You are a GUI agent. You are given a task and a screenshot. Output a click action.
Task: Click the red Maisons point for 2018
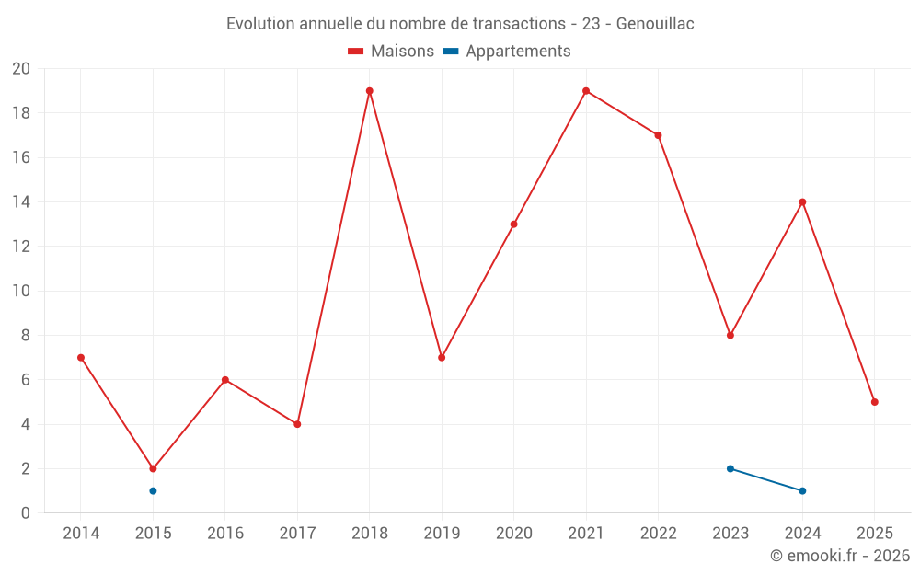[x=369, y=91]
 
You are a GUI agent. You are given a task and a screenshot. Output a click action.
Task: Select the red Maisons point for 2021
[x=586, y=91]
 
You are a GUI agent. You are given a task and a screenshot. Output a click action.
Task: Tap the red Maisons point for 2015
[x=153, y=468]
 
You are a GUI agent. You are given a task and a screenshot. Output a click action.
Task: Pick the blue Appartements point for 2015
[x=153, y=490]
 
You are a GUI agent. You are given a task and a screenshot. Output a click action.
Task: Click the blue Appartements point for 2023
[x=730, y=468]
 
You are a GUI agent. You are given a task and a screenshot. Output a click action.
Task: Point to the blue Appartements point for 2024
[x=802, y=490]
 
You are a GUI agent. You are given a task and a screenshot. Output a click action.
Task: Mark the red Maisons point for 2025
[x=875, y=402]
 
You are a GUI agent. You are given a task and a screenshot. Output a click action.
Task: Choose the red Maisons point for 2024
[x=802, y=201]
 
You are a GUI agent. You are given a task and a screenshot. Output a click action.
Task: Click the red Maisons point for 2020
[x=513, y=224]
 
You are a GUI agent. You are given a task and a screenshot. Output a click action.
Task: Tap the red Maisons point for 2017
[x=297, y=424]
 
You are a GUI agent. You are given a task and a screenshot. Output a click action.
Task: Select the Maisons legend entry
[x=391, y=52]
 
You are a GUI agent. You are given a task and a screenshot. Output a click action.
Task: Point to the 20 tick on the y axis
[x=21, y=69]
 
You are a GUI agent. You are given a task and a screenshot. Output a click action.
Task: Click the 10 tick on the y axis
[x=21, y=291]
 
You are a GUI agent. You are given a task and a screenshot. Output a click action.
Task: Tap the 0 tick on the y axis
[x=26, y=512]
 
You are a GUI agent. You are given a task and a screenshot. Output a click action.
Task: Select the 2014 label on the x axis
[x=81, y=533]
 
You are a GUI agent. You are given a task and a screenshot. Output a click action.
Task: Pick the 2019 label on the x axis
[x=442, y=533]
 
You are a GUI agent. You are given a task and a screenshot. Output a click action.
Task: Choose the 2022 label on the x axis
[x=658, y=533]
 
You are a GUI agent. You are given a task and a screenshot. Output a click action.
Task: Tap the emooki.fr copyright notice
[x=839, y=556]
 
